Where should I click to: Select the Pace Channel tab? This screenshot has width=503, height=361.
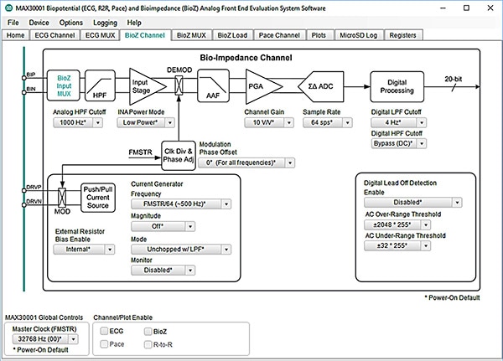[277, 36]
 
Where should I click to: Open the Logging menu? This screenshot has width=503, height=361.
[106, 22]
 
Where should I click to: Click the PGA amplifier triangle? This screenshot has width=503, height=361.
[257, 85]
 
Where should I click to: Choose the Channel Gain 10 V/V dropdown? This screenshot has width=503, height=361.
[267, 122]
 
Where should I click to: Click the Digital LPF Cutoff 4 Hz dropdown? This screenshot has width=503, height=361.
[401, 122]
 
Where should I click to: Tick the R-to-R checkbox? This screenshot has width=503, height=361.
[149, 343]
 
